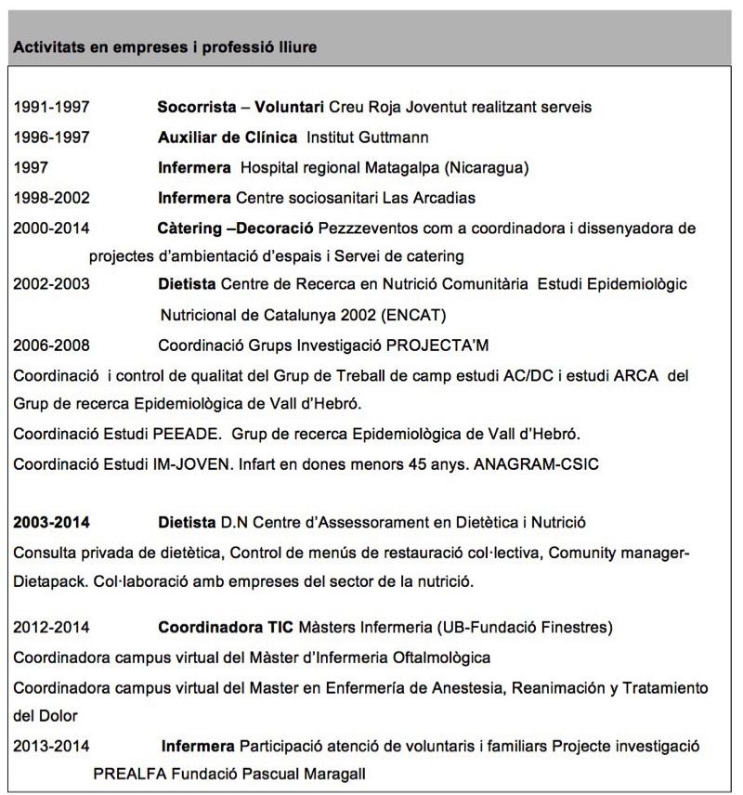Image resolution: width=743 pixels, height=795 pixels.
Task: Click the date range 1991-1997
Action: click(x=51, y=107)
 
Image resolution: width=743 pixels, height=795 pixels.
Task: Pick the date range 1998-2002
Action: click(x=51, y=198)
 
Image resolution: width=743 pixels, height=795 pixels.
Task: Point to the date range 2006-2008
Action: click(x=51, y=345)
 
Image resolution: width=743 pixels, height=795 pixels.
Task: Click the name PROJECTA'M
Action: click(x=437, y=345)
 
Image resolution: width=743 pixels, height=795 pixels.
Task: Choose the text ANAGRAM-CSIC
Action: click(x=537, y=463)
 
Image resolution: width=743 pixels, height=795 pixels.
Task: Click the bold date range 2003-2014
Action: click(x=51, y=523)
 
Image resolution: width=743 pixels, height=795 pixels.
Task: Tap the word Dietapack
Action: click(x=47, y=582)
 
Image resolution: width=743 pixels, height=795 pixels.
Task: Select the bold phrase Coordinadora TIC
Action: click(x=217, y=627)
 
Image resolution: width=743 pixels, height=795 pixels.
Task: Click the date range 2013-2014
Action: click(x=51, y=746)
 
